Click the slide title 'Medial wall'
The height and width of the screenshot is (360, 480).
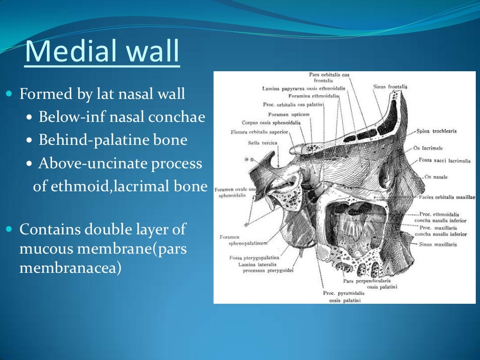102,52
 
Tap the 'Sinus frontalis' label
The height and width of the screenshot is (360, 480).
390,87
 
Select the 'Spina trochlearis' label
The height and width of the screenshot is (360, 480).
436,131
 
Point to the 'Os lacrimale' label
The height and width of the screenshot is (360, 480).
428,148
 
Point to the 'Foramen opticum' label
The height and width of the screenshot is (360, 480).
289,114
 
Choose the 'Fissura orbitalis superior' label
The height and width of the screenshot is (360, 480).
259,132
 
